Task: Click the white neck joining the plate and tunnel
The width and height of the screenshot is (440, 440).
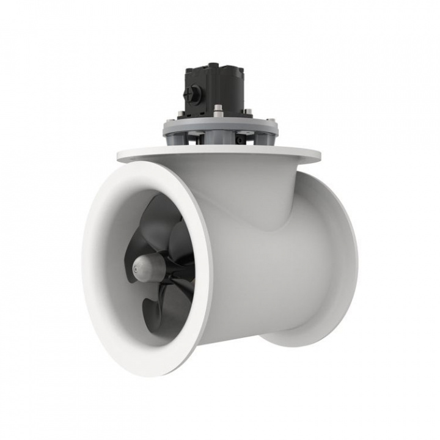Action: pyautogui.click(x=257, y=196)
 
